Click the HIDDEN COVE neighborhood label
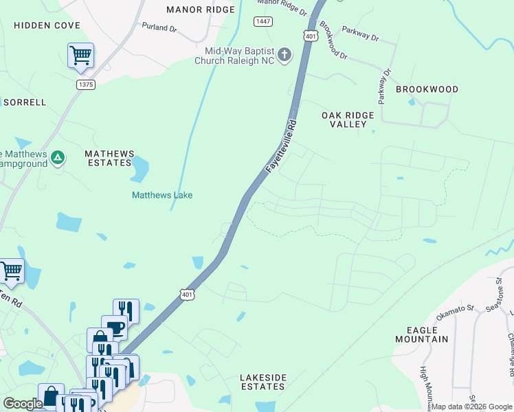pyautogui.click(x=47, y=25)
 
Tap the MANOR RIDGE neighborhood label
pyautogui.click(x=201, y=10)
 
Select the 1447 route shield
pyautogui.click(x=262, y=21)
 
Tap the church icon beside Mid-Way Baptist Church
pyautogui.click(x=285, y=54)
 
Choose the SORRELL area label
pyautogui.click(x=25, y=102)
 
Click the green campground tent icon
pyautogui.click(x=58, y=158)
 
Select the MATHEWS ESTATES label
pyautogui.click(x=108, y=158)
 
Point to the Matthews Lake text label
pyautogui.click(x=162, y=195)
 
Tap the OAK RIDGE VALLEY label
pyautogui.click(x=348, y=119)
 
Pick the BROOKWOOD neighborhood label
pyautogui.click(x=426, y=90)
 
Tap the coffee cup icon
pyautogui.click(x=114, y=326)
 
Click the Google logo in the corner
pyautogui.click(x=23, y=404)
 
